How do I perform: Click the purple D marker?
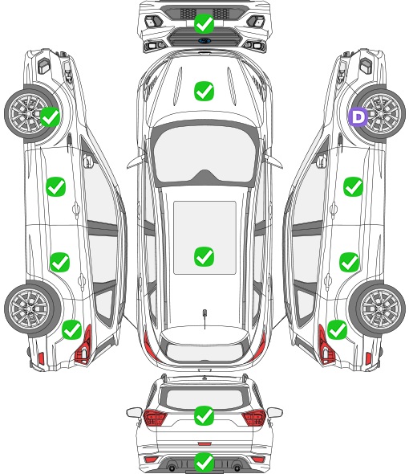pos(358,116)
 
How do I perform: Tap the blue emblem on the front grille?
pos(204,40)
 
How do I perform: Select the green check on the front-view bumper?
pos(204,23)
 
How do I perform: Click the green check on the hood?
pos(204,91)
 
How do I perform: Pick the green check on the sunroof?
pos(204,256)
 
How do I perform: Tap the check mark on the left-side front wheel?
pos(50,116)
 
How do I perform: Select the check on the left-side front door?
pos(56,186)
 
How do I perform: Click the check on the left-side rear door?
pos(60,262)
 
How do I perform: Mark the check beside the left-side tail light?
pos(72,329)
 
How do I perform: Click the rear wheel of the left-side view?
pos(33,309)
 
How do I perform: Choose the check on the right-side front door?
pos(353,186)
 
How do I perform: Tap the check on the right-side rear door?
pos(349,262)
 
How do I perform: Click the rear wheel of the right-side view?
pos(377,309)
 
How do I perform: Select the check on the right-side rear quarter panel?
pos(337,329)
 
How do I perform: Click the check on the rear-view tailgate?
pos(204,415)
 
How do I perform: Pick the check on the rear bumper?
pos(204,462)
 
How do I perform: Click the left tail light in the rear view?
pos(155,418)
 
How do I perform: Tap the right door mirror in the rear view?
pos(275,413)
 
